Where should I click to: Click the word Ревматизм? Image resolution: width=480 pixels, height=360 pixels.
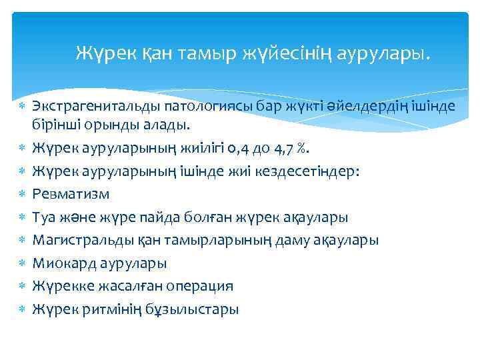point(71,194)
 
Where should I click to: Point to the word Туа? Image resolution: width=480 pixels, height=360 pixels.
point(46,217)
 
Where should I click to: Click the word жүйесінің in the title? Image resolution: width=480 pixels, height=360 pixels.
point(279,52)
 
